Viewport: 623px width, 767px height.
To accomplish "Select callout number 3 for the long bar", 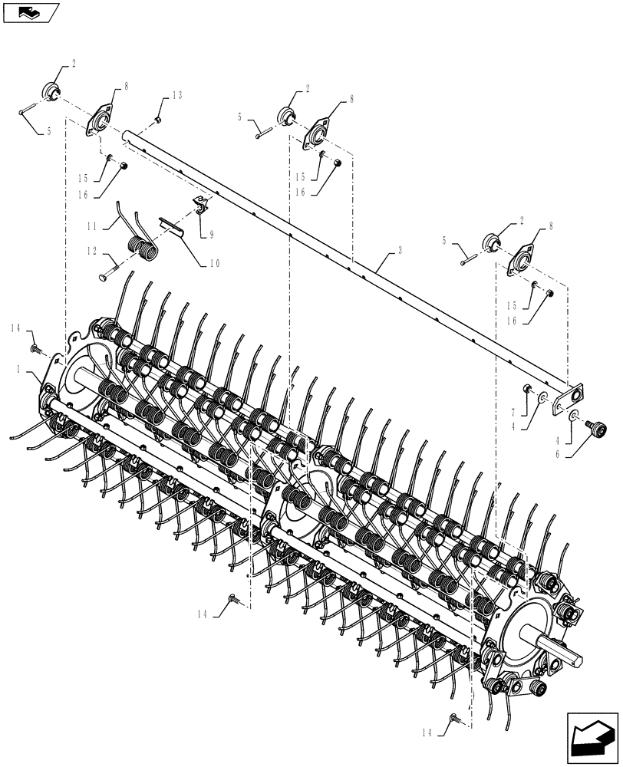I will [x=400, y=251].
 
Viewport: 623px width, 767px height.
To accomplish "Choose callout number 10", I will [x=213, y=263].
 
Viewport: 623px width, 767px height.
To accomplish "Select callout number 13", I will [x=176, y=95].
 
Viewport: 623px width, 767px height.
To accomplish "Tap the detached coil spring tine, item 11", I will [x=138, y=234].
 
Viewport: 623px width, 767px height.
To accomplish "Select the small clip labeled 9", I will [x=200, y=205].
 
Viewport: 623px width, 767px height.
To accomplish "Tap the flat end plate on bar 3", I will [x=569, y=397].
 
